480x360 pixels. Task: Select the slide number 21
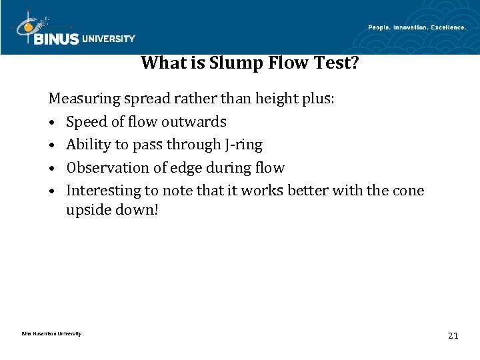453,336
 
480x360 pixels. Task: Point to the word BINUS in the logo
57,39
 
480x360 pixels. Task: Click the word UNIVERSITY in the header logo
109,39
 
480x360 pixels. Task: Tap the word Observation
102,167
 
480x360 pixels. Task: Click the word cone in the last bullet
409,190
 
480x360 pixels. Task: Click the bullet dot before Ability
52,145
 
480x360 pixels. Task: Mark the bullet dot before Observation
52,168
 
